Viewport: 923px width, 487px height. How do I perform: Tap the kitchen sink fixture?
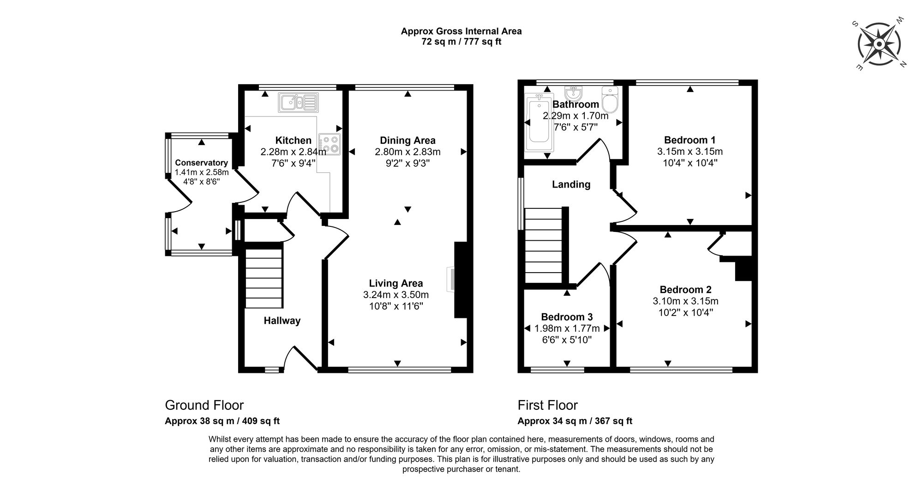coord(298,102)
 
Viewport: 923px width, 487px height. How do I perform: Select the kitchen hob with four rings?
coord(330,144)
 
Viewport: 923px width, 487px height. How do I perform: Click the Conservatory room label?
coord(201,163)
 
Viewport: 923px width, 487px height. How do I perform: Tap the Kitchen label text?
coord(294,140)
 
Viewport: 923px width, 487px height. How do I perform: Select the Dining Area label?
coord(408,140)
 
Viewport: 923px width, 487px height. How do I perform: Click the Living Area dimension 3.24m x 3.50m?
coord(396,295)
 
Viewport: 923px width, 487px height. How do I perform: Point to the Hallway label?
coord(282,321)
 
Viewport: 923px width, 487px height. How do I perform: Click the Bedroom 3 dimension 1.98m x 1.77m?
coord(567,329)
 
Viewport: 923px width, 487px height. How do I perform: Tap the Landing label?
coord(571,184)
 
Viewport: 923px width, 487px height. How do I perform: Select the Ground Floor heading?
coord(204,405)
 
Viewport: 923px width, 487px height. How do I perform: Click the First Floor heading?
coord(548,405)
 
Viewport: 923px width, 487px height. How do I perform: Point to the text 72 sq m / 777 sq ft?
coord(461,42)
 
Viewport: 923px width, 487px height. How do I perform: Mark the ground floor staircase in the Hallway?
coord(264,279)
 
